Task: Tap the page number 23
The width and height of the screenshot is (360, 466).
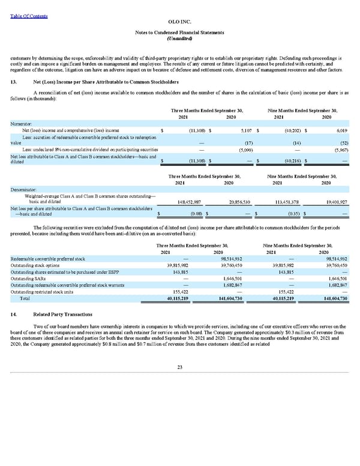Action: click(179, 368)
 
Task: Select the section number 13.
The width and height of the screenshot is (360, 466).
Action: click(15, 80)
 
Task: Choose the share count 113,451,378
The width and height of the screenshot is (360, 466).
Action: click(292, 202)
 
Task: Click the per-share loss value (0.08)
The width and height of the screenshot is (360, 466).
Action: click(195, 212)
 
